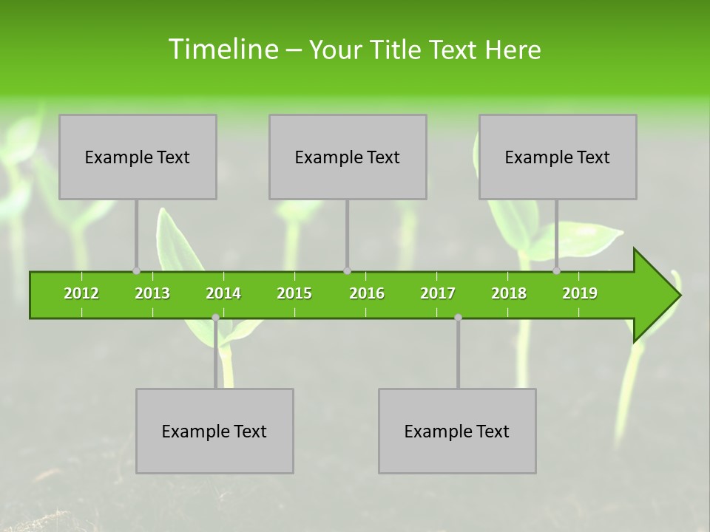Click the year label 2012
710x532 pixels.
pos(81,293)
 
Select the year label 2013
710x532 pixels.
pos(152,293)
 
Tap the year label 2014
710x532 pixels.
pos(223,293)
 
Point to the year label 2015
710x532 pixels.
pos(294,293)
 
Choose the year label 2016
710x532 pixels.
pos(367,293)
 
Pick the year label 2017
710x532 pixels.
pos(438,293)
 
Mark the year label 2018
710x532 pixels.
pos(509,293)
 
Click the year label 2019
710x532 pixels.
pos(580,293)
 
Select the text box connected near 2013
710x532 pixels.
pos(138,157)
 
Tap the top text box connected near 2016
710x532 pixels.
pos(348,157)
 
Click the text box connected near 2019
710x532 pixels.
pos(558,157)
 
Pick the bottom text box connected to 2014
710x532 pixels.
pos(214,431)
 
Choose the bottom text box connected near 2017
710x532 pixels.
pos(457,431)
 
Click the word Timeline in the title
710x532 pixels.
pos(222,50)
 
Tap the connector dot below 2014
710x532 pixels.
pos(215,317)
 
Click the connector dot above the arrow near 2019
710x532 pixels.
pos(557,270)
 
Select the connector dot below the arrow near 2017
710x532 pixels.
pos(458,317)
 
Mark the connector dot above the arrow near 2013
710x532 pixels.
pos(136,270)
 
